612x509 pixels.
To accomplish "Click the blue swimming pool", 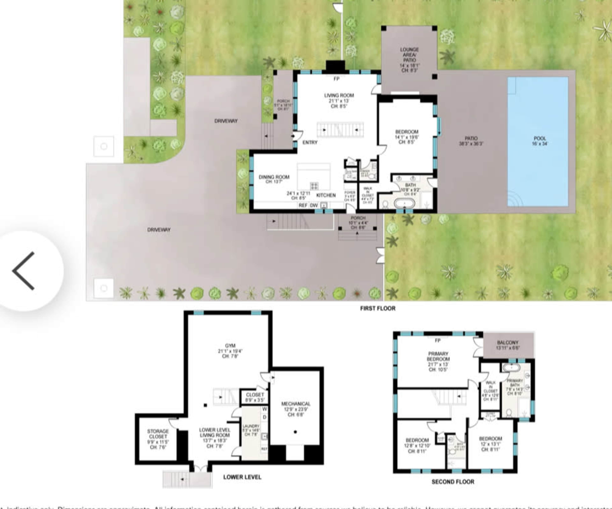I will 538,141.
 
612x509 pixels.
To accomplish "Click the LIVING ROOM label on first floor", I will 339,95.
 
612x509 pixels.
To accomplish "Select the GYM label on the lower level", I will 230,345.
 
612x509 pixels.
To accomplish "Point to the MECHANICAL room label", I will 295,404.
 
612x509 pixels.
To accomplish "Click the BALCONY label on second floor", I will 507,343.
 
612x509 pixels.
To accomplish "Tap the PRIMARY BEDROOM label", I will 438,356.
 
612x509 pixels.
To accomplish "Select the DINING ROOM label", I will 274,177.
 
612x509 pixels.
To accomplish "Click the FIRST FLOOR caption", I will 378,308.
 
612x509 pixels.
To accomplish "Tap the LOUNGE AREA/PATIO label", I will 409,55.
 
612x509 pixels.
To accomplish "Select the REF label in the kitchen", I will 303,205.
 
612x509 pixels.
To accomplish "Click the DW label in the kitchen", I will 314,205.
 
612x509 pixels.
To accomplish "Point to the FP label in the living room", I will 336,79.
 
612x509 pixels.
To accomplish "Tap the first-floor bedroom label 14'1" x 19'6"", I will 407,134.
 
